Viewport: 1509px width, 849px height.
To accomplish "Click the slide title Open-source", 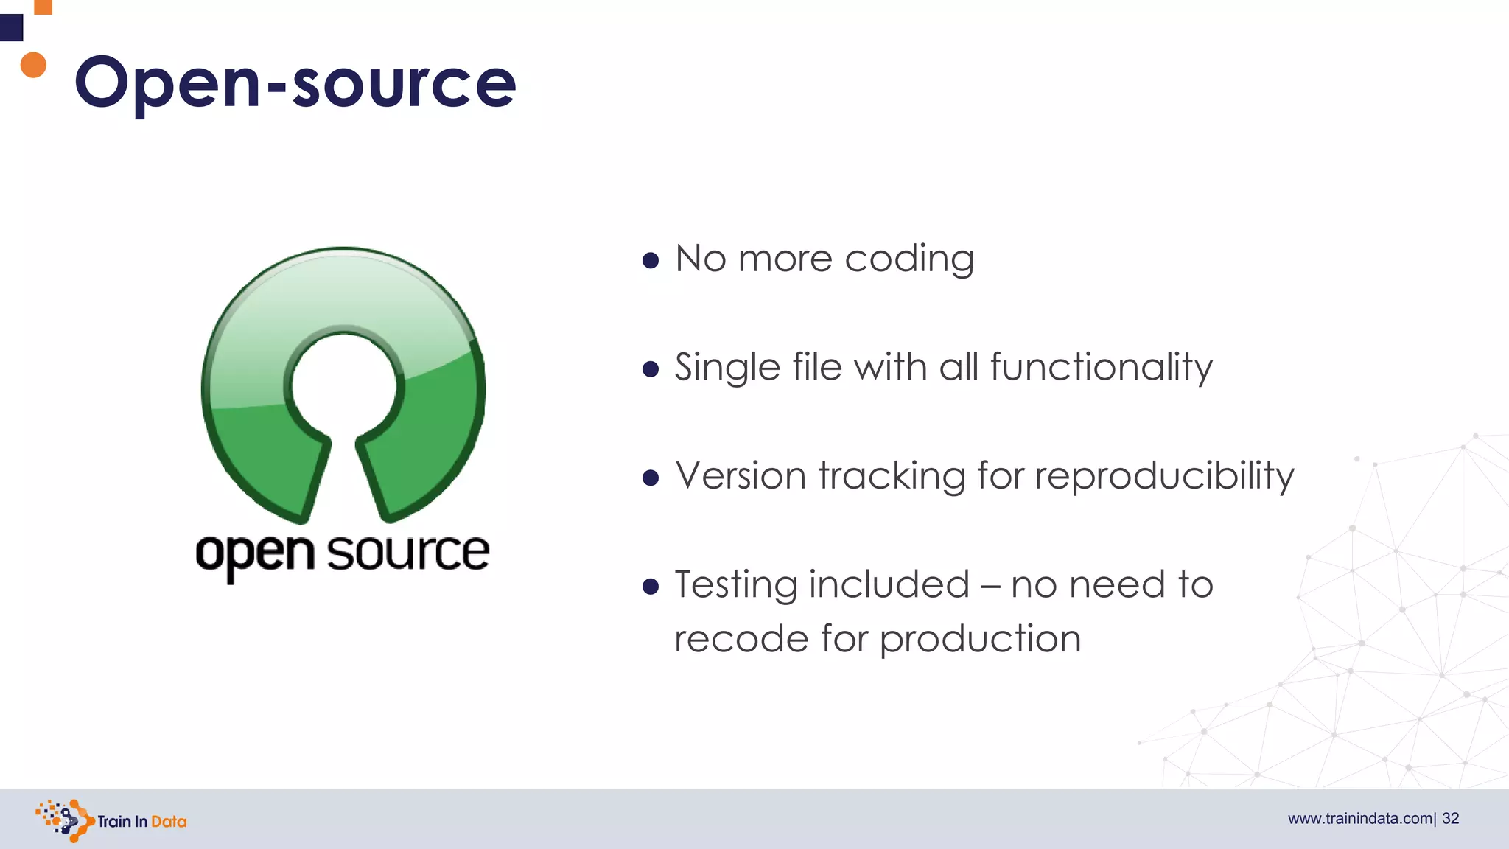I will click(295, 83).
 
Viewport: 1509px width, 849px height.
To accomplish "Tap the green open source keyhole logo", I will click(343, 383).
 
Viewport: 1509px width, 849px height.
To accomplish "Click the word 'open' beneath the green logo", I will click(255, 554).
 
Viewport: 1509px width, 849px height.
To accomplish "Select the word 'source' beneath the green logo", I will click(408, 553).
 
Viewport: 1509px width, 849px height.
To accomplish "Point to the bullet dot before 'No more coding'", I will click(650, 260).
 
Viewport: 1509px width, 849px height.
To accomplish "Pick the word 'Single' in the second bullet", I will click(727, 368).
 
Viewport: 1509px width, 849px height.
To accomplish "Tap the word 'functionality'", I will click(1101, 368).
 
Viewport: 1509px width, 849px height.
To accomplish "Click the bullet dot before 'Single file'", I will click(650, 368).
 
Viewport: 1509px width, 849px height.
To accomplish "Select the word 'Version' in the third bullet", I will click(741, 475).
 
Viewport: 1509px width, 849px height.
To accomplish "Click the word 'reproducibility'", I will click(1164, 477).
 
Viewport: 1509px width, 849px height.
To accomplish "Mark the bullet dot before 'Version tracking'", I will click(650, 478).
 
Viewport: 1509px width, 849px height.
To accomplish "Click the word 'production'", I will click(980, 639).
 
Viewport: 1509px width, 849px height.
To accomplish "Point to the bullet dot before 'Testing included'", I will click(650, 586).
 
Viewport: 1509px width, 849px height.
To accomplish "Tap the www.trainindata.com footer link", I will click(1359, 819).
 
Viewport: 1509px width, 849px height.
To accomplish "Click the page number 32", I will click(1451, 819).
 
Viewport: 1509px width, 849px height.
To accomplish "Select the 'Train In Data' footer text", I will click(141, 822).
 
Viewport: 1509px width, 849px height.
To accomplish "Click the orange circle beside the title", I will click(33, 65).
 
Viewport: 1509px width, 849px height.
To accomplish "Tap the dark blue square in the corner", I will click(11, 28).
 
